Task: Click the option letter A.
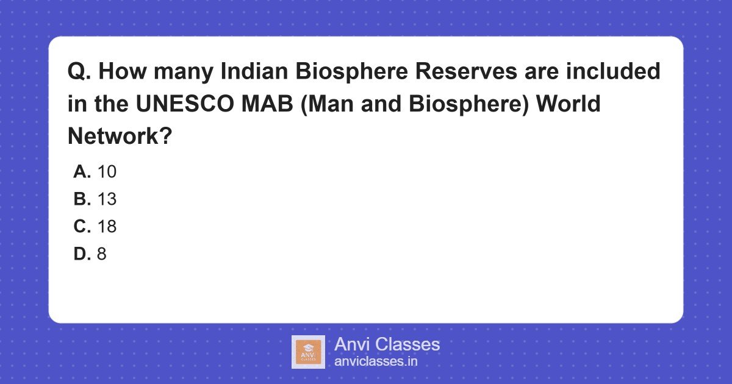pyautogui.click(x=82, y=172)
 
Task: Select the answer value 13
pyautogui.click(x=107, y=199)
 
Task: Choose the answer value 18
pyautogui.click(x=107, y=227)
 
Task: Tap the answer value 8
pyautogui.click(x=101, y=254)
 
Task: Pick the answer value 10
pyautogui.click(x=107, y=172)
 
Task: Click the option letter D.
pyautogui.click(x=82, y=254)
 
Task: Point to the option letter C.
pyautogui.click(x=82, y=227)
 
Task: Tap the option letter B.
pyautogui.click(x=82, y=199)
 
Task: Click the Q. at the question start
pyautogui.click(x=79, y=72)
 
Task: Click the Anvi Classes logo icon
pyautogui.click(x=308, y=352)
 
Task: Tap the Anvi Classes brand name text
pyautogui.click(x=387, y=344)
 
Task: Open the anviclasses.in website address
pyautogui.click(x=376, y=361)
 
